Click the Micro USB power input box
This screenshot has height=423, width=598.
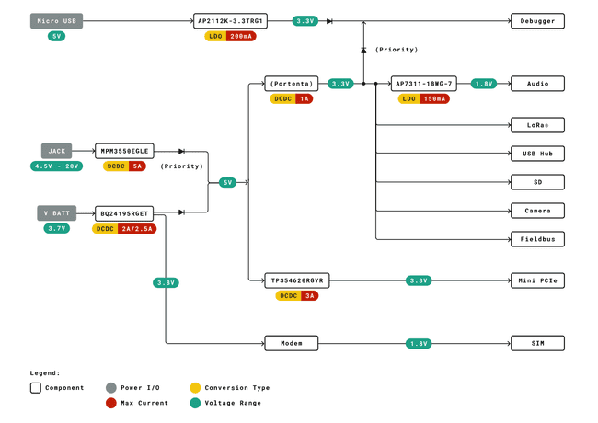point(57,20)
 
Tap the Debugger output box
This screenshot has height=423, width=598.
point(537,20)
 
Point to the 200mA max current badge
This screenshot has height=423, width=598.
point(242,36)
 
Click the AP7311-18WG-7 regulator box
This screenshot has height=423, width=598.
point(423,83)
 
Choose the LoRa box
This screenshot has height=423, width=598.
point(537,125)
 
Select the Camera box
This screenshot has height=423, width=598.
point(537,211)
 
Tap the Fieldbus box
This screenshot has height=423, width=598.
point(537,239)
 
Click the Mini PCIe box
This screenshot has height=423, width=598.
point(537,280)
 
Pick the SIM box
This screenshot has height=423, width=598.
point(537,343)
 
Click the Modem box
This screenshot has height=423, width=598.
point(292,343)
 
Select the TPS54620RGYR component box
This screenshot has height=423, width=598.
point(297,280)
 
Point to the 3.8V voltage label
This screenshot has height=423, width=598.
point(166,282)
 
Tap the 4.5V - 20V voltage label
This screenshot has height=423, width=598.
point(57,166)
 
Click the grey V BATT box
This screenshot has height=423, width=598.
point(54,212)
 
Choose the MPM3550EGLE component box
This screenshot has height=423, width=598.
point(124,151)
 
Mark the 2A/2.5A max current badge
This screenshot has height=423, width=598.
point(138,229)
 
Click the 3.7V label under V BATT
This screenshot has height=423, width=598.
point(57,228)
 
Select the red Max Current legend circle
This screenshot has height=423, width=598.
point(111,403)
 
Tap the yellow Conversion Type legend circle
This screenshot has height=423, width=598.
point(195,388)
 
